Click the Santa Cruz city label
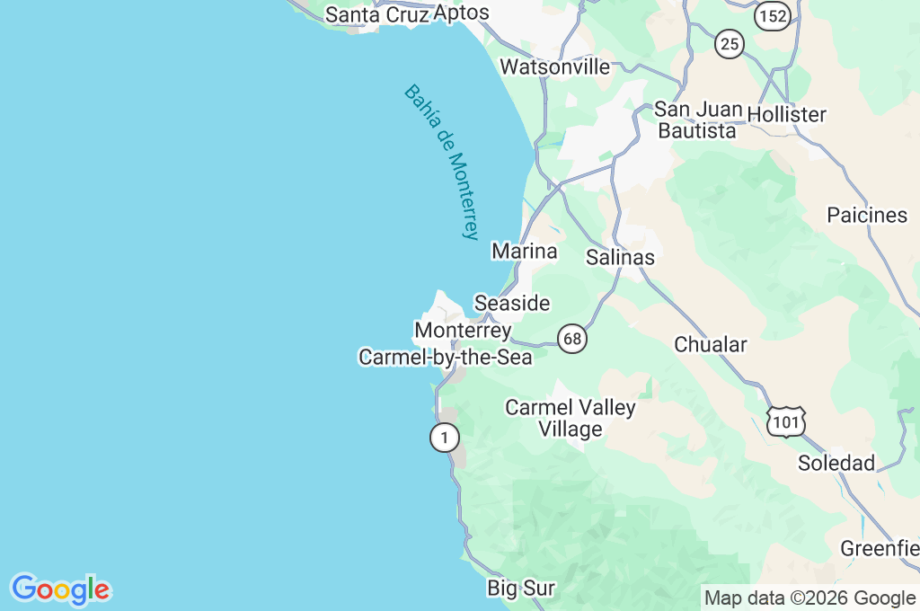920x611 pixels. (376, 14)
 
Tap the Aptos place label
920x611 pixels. (461, 13)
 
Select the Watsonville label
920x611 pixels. (554, 66)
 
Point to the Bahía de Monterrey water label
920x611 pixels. (443, 162)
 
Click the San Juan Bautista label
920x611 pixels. (698, 120)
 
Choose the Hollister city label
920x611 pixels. (786, 114)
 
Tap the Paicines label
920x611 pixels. (867, 215)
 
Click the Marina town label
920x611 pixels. (525, 251)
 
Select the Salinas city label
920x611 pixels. (620, 257)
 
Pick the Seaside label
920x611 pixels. (512, 303)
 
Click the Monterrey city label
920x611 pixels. (463, 330)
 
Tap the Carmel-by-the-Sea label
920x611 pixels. (446, 357)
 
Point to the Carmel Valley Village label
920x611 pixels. (571, 418)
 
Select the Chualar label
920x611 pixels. (711, 344)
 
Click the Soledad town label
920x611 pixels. (836, 463)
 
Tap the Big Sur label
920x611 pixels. (521, 589)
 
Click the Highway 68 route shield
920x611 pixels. (572, 339)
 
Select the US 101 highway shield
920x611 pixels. (786, 421)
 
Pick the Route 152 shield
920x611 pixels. (772, 15)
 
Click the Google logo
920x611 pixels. (60, 589)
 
